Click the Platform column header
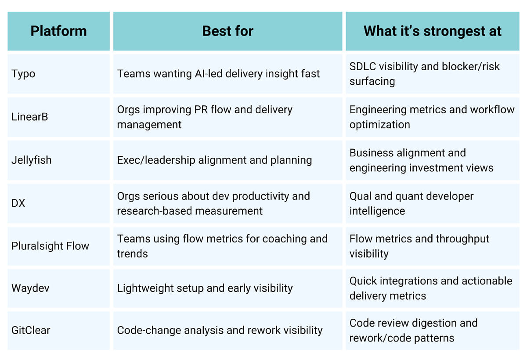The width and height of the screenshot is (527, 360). point(58,31)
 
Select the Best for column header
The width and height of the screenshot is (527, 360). point(227,31)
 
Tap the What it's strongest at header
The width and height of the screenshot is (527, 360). point(432,31)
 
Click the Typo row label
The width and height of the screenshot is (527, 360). point(23,74)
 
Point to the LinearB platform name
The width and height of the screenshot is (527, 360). point(29,117)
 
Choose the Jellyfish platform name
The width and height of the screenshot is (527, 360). point(31,160)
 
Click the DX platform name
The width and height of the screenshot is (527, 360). point(18,203)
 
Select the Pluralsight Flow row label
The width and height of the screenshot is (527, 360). point(50,246)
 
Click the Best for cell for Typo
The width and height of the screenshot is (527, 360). point(218,74)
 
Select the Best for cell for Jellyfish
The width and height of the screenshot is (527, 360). point(214,160)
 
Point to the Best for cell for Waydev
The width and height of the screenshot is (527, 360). point(205,288)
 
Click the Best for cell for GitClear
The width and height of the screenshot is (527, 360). point(220,331)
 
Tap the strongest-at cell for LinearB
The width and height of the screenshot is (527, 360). point(432,117)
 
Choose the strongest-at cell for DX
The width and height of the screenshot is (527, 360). point(411,203)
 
